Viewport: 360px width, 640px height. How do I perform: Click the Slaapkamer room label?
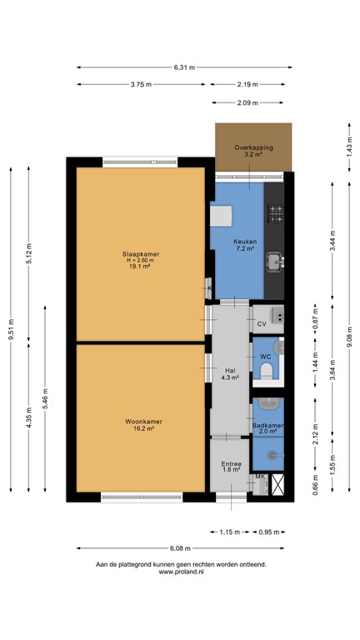(140, 253)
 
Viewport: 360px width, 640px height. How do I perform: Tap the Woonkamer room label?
(140, 422)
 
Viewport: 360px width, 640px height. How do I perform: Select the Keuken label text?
(245, 242)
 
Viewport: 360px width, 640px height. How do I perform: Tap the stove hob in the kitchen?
(274, 217)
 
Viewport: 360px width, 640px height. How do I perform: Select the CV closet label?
(261, 323)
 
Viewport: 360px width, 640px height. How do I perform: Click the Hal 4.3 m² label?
(230, 374)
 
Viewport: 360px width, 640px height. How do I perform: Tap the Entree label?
(231, 464)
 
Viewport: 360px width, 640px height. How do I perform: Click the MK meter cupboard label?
(260, 477)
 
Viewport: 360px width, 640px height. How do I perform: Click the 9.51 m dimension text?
(12, 330)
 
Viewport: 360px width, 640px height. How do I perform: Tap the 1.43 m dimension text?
(348, 146)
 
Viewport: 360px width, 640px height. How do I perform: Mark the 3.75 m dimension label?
(142, 84)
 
